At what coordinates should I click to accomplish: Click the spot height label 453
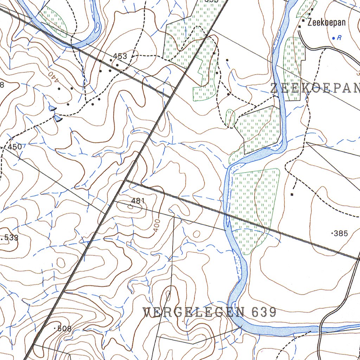pyautogui.click(x=120, y=56)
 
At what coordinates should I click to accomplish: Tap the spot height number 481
pyautogui.click(x=138, y=201)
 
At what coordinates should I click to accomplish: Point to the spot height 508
pyautogui.click(x=64, y=329)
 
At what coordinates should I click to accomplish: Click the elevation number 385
pyautogui.click(x=341, y=233)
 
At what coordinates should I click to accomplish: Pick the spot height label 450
pyautogui.click(x=15, y=147)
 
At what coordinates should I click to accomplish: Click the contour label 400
pyautogui.click(x=157, y=225)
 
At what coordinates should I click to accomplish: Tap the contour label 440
pyautogui.click(x=52, y=78)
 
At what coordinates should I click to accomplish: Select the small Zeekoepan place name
pyautogui.click(x=326, y=23)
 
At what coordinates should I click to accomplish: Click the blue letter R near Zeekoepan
pyautogui.click(x=339, y=38)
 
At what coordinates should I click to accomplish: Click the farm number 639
pyautogui.click(x=264, y=312)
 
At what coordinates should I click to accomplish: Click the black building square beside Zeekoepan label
pyautogui.click(x=303, y=21)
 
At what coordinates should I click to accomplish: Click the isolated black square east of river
pyautogui.click(x=292, y=194)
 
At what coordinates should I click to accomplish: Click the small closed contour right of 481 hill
pyautogui.click(x=196, y=234)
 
